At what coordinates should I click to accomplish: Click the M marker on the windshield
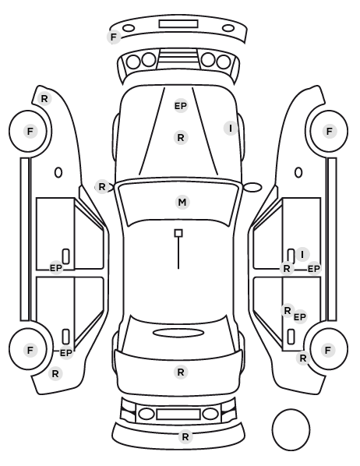(182, 202)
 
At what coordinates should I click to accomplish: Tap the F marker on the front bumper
(114, 37)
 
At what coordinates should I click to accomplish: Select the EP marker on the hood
(181, 106)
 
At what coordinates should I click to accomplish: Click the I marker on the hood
(231, 129)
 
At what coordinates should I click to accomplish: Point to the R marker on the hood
(181, 138)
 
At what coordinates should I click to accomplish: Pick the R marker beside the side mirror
(102, 187)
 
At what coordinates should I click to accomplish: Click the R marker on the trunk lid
(181, 372)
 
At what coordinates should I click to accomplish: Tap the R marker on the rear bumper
(185, 437)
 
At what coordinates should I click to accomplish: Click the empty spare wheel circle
(291, 409)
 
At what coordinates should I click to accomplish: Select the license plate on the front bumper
(178, 24)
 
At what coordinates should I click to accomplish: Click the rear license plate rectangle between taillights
(178, 415)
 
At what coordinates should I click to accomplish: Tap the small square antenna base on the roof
(178, 233)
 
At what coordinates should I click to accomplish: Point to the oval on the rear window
(178, 333)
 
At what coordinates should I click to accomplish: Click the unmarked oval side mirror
(252, 187)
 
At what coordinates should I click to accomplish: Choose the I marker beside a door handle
(302, 254)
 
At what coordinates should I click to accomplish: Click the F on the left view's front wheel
(30, 131)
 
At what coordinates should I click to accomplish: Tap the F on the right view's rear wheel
(328, 350)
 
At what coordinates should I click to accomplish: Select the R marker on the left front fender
(44, 99)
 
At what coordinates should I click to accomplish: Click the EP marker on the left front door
(56, 268)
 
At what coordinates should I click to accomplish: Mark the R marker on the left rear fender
(55, 374)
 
